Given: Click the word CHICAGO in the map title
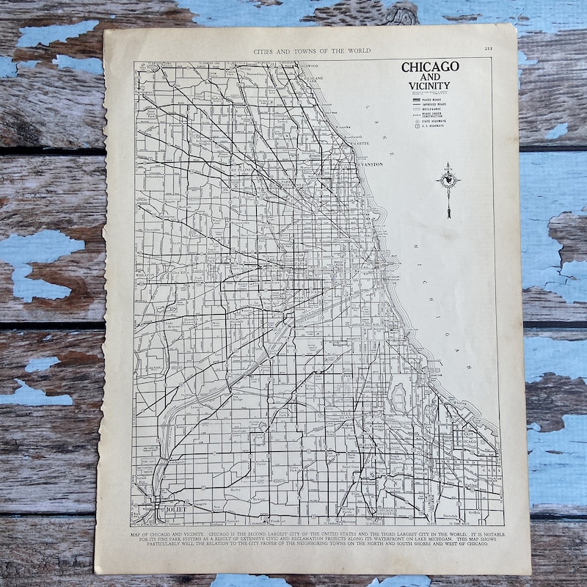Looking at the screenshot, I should [x=430, y=67].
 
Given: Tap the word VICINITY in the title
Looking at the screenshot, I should [x=430, y=86].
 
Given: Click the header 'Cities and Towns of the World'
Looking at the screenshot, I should [x=311, y=51].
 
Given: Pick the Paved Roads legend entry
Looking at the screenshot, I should [x=432, y=101].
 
